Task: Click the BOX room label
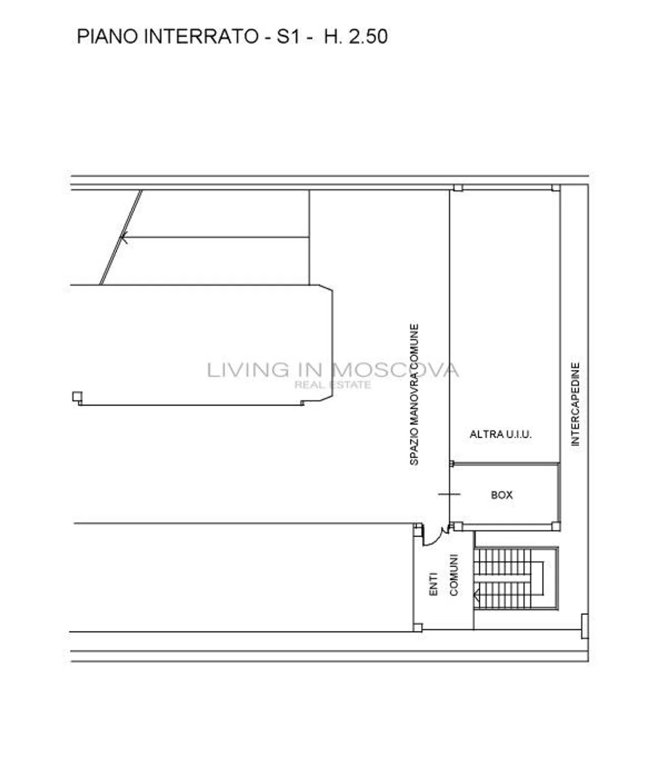pos(502,495)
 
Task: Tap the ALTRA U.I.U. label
pos(501,434)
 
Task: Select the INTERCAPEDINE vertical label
pos(575,404)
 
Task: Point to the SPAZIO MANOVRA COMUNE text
pos(414,394)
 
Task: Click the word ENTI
pos(433,584)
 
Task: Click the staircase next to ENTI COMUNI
pos(516,578)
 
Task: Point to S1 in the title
pos(288,37)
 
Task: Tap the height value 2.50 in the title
pos(368,37)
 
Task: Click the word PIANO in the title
pos(108,37)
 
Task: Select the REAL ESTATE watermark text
pos(333,385)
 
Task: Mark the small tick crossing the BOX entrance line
pos(449,494)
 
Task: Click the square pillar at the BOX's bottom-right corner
pos(556,526)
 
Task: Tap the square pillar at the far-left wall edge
pos(77,397)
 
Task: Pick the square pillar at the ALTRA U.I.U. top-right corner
pos(556,188)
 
